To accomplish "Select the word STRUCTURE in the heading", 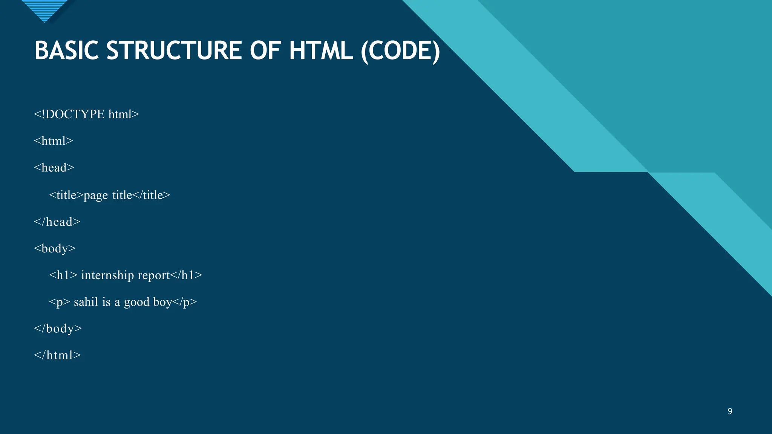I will coord(174,51).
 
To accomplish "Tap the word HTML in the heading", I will coord(321,51).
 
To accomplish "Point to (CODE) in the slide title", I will coord(400,51).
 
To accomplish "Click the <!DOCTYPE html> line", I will coord(86,114).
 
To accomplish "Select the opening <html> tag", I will coord(54,141).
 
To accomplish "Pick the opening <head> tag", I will coord(54,168).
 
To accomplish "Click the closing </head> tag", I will coord(57,222).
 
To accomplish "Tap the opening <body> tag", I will coord(55,249).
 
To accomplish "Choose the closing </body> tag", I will coord(58,329).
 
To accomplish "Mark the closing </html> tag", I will coord(57,355).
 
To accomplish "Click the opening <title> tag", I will coord(66,195).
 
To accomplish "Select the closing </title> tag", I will coord(152,195).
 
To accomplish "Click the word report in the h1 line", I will coord(154,275).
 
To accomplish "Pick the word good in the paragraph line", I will coord(136,302).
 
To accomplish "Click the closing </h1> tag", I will coord(186,275).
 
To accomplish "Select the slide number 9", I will coord(730,411).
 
